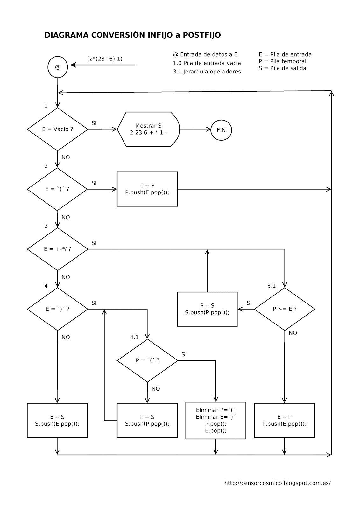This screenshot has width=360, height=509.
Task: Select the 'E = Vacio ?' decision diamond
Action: (x=58, y=129)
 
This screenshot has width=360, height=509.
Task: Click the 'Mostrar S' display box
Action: (x=148, y=129)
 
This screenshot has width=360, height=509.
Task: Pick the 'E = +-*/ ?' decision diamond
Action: (x=58, y=249)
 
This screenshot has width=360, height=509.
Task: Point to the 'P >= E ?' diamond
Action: (x=285, y=309)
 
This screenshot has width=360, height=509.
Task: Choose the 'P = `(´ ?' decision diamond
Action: (x=147, y=360)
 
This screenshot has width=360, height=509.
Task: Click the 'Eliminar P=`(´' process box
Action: (x=215, y=420)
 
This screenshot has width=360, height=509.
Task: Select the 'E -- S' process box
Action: (x=57, y=420)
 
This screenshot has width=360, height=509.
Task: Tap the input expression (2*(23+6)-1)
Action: (x=105, y=59)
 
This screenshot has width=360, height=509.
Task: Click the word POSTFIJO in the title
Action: (x=202, y=35)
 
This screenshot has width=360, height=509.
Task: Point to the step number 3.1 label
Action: (x=271, y=286)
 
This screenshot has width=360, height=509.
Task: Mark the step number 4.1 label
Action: (x=134, y=338)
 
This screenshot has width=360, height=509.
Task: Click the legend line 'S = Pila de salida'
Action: (x=282, y=68)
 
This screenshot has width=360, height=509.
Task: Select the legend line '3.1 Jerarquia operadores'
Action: (x=207, y=72)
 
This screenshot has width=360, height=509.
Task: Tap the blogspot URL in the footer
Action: (x=278, y=483)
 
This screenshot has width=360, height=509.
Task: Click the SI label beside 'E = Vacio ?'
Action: (x=94, y=123)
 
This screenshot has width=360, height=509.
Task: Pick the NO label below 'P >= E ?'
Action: (x=293, y=333)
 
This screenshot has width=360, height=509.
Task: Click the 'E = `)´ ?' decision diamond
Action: (x=58, y=309)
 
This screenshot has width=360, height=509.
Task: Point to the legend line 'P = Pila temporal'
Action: (x=282, y=62)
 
